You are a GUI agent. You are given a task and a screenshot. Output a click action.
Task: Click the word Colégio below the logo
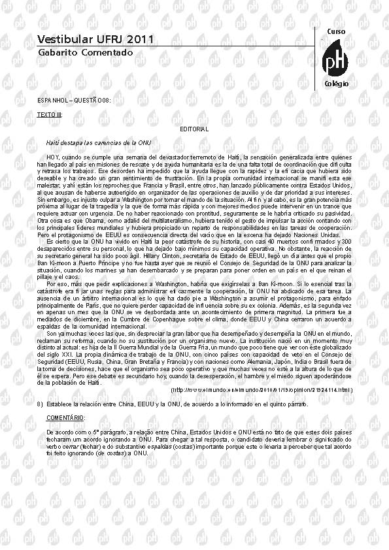336,84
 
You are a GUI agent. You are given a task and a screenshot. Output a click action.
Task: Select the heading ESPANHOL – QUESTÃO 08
73,100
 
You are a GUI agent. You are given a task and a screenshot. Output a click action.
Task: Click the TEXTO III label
50,114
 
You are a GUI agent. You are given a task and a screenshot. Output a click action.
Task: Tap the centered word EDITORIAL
194,129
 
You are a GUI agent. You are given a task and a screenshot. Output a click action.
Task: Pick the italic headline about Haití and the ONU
99,142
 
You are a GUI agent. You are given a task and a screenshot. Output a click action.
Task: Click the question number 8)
41,405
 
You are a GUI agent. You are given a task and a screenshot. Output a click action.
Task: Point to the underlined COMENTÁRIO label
65,417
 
